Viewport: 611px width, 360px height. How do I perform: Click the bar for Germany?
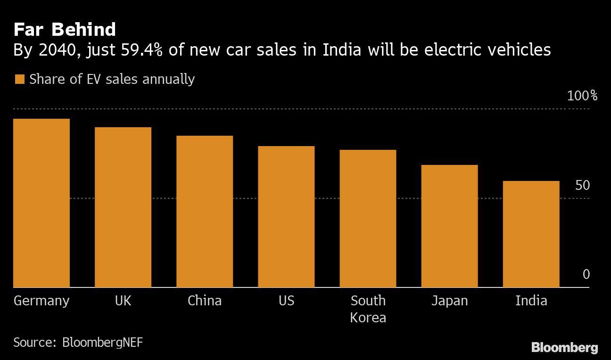click(x=41, y=203)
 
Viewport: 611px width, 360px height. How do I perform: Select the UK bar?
click(x=123, y=207)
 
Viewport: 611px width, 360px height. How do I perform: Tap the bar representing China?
click(x=205, y=212)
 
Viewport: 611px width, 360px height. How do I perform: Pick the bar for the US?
click(x=286, y=217)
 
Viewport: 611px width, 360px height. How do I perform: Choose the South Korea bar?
click(x=368, y=219)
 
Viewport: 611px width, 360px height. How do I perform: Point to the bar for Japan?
click(x=449, y=226)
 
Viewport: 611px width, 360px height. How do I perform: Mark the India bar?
click(x=531, y=234)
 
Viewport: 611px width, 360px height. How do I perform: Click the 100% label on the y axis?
click(x=582, y=96)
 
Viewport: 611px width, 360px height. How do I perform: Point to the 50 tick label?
click(x=582, y=186)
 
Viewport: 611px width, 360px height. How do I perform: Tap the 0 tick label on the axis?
click(x=586, y=275)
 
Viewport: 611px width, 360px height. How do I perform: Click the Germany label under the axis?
click(x=41, y=301)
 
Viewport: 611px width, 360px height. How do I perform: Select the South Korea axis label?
click(x=368, y=309)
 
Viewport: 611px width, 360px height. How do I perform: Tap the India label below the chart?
click(x=531, y=301)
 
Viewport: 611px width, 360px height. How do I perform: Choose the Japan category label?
click(x=449, y=301)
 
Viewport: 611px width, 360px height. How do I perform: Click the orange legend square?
click(x=19, y=79)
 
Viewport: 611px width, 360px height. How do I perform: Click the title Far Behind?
click(x=65, y=30)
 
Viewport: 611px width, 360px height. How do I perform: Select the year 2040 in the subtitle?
click(x=53, y=50)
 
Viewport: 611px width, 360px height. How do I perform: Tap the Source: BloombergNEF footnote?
click(x=78, y=342)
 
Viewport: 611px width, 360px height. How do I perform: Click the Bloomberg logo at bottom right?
click(x=564, y=348)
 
